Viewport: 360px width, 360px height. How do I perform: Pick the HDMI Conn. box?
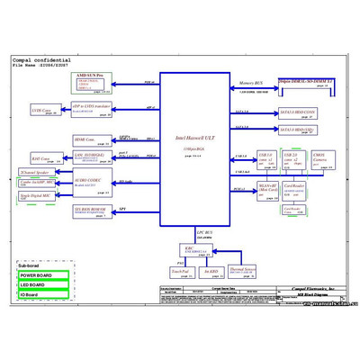coord(88,139)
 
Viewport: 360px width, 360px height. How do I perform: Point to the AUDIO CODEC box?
coord(91,183)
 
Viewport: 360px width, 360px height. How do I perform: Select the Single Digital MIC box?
coord(34,195)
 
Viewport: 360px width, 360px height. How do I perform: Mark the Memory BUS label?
coord(250,83)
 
